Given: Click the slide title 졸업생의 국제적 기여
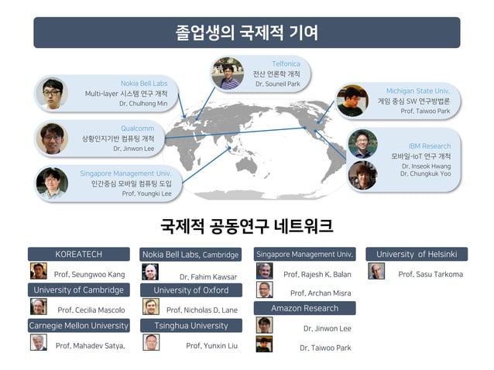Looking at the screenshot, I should (246, 33).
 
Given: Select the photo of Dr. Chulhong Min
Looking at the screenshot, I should (52, 92).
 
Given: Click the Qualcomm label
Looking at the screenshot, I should (137, 128).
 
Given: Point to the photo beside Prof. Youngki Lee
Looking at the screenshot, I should (52, 183).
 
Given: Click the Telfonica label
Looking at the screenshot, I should (286, 63).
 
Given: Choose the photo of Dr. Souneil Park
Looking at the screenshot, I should (227, 73).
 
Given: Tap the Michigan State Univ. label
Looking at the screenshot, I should (418, 91).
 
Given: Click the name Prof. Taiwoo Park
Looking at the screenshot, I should (425, 111).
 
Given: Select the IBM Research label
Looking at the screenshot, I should (430, 146).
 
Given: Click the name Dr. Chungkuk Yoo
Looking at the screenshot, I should (425, 173).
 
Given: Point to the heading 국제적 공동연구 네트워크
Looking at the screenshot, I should (246, 226).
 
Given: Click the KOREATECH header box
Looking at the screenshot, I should (78, 254).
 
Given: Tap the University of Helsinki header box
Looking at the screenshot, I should (417, 254).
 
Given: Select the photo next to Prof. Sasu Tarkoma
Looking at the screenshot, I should (376, 271).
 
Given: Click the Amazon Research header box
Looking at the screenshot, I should (304, 308).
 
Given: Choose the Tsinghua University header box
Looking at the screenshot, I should (190, 326).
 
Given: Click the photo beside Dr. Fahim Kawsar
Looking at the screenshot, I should (150, 272).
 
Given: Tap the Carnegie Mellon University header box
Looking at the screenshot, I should (78, 326).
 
